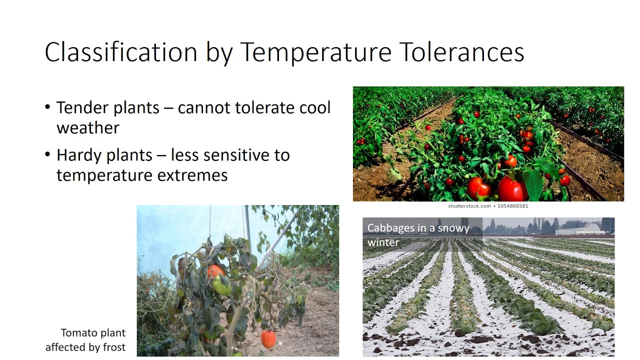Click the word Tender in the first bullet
coord(83,107)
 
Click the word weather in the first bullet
coord(88,127)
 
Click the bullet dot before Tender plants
coord(47,107)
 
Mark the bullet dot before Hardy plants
coord(47,154)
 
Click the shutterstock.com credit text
coord(469,206)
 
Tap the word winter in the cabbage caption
coord(383,242)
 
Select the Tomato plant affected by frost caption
coord(85,340)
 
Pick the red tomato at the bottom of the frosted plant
coord(268,339)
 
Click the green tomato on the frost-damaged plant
coord(221,286)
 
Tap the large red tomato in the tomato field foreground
coord(512,189)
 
